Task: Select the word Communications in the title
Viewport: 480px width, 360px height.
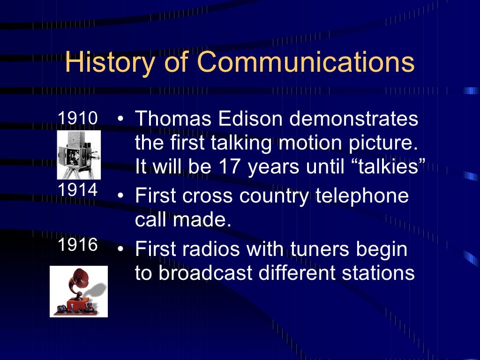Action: click(306, 63)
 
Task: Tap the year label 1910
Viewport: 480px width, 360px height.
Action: click(77, 119)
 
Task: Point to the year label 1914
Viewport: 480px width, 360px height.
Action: click(77, 190)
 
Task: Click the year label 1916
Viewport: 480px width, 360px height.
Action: click(77, 245)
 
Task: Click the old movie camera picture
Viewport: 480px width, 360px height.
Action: click(79, 155)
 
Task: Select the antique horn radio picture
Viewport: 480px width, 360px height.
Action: click(79, 291)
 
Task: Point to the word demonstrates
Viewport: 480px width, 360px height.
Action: click(353, 119)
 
